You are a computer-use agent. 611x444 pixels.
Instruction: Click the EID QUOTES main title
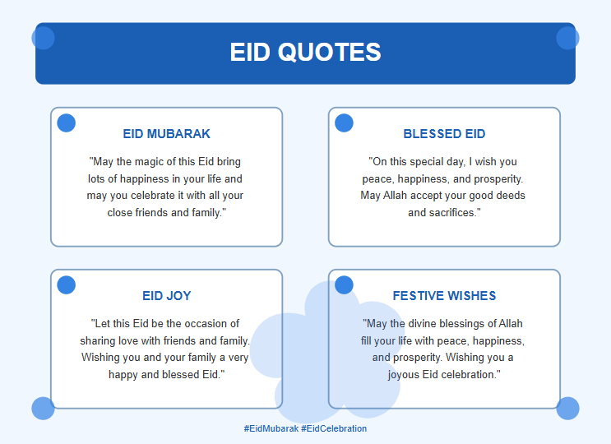point(306,52)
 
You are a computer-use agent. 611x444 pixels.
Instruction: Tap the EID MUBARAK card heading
point(166,133)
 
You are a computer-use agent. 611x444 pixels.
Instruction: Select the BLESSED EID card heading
point(444,133)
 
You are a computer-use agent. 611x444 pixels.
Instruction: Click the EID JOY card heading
point(166,296)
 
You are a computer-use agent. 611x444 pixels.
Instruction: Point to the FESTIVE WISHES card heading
point(444,296)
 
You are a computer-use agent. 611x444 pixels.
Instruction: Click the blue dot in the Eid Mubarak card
point(67,123)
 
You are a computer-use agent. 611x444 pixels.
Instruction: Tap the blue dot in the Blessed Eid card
point(344,123)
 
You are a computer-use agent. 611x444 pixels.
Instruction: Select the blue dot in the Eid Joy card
point(67,285)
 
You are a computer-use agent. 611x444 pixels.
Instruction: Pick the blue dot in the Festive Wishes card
point(344,285)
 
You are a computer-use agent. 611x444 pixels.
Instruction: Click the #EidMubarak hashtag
point(271,428)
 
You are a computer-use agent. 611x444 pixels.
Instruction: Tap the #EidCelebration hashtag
point(334,428)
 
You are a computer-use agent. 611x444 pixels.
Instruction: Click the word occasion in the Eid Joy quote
point(206,324)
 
